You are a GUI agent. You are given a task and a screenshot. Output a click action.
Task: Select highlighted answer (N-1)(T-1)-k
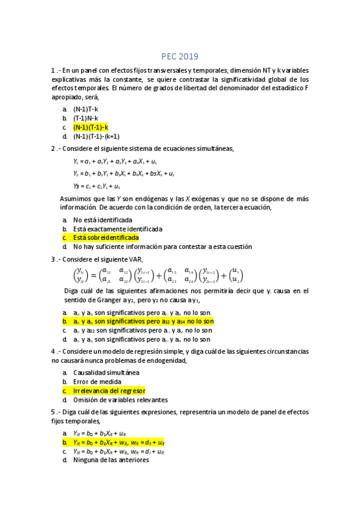(x=91, y=127)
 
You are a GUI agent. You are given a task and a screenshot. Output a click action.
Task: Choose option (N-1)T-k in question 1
(x=87, y=109)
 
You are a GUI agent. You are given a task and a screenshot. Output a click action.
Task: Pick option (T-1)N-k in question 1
(x=87, y=118)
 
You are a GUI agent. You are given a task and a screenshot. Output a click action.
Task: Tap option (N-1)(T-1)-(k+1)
(x=96, y=136)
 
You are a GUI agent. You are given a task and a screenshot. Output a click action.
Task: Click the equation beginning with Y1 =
(x=115, y=161)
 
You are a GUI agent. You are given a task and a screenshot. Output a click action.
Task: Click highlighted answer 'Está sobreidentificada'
(x=106, y=238)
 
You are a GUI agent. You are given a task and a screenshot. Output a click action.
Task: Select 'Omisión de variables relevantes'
(x=120, y=399)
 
